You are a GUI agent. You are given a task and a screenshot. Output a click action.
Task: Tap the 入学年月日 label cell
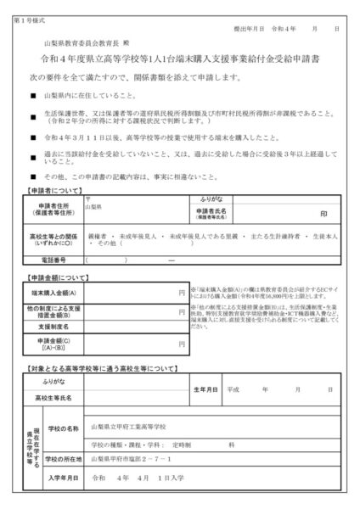[64, 478]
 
